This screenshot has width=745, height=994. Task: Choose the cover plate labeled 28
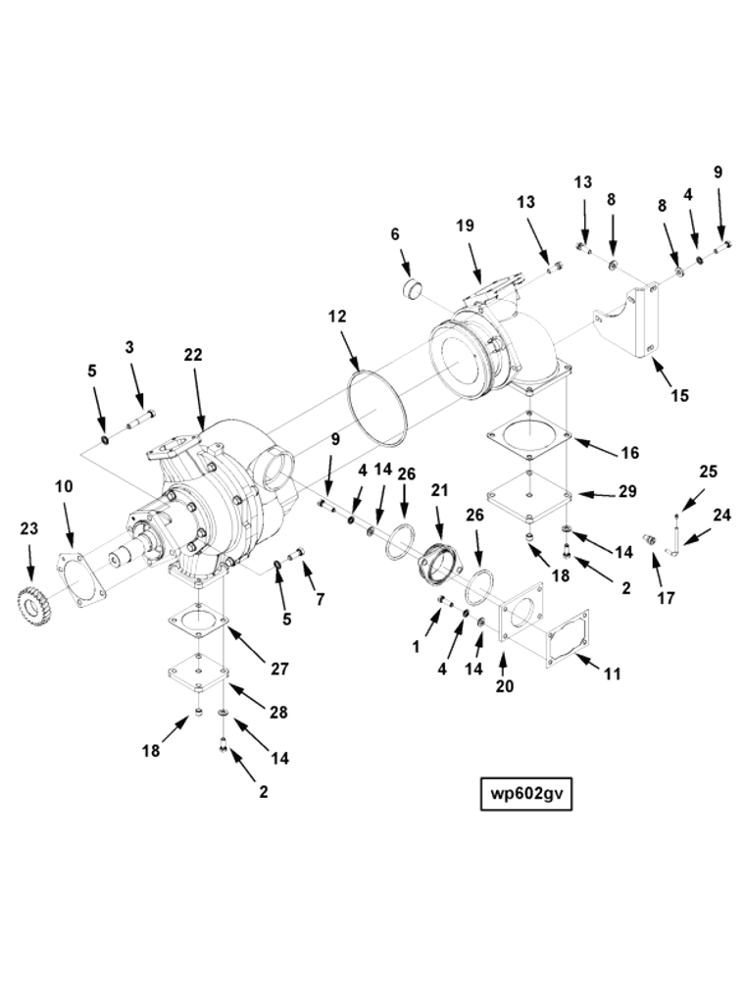point(199,675)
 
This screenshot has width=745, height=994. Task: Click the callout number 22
point(193,355)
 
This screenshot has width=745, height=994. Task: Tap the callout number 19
point(465,225)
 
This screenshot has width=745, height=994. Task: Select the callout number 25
point(708,472)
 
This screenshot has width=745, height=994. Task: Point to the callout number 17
point(666,598)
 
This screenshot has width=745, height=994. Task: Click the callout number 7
point(320,598)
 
